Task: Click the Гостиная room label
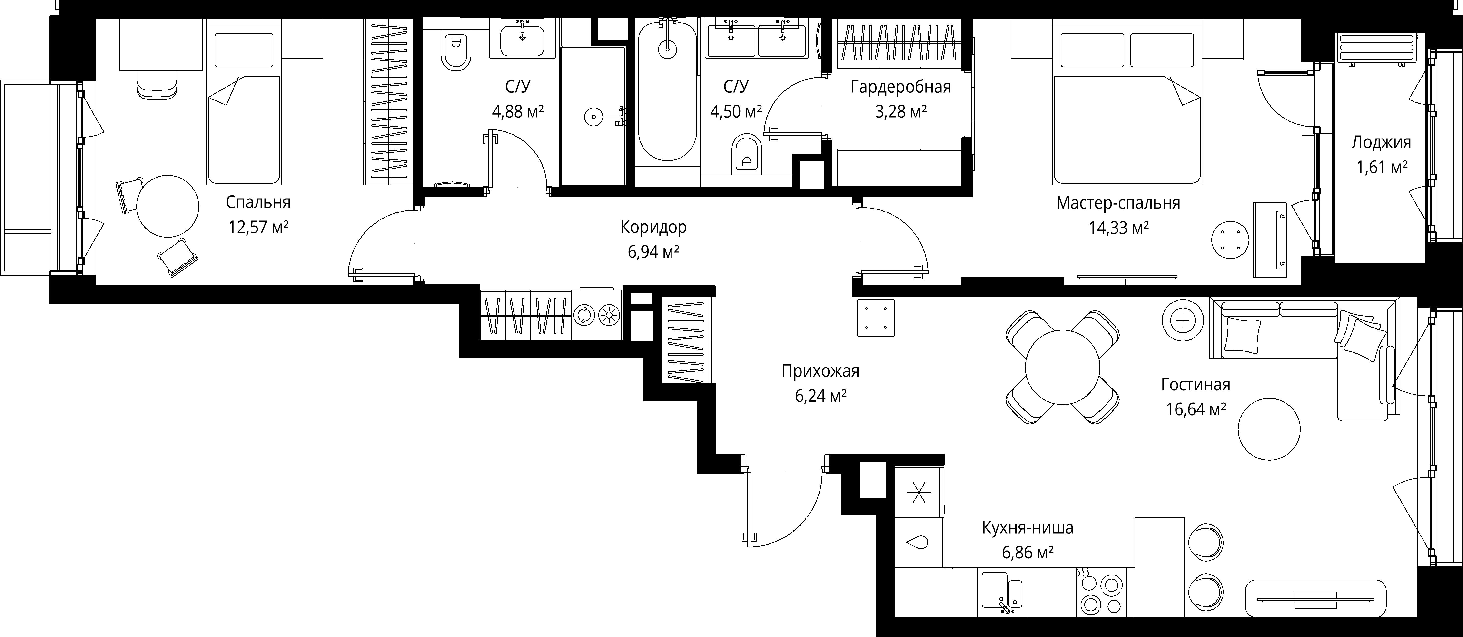[1196, 385]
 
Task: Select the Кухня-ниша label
[1028, 528]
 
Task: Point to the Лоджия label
[1381, 142]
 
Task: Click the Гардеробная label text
[901, 87]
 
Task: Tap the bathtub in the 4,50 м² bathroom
[667, 91]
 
